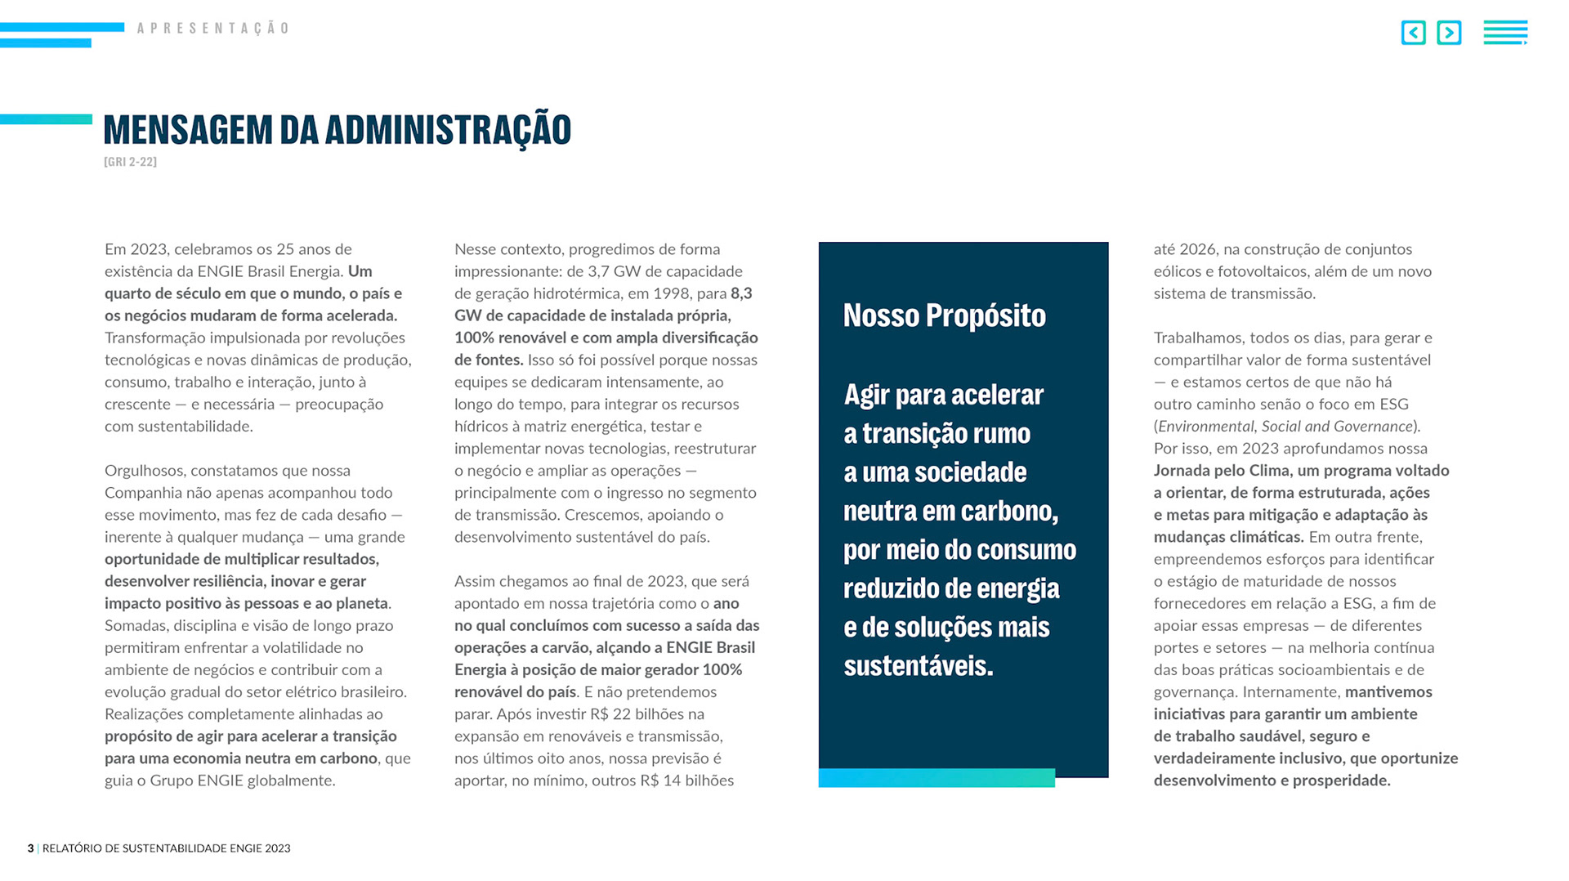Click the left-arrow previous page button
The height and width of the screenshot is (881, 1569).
[1413, 33]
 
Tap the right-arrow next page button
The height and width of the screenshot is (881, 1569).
[1449, 33]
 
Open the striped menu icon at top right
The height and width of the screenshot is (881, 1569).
[1505, 33]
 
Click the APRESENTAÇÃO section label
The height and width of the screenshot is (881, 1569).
[212, 29]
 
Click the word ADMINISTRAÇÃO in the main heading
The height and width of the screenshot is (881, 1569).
[448, 130]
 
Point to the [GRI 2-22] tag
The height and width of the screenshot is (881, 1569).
[130, 162]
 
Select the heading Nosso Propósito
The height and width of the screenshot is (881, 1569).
[944, 315]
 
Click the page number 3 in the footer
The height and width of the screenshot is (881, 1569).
[30, 848]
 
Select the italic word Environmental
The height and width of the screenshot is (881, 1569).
[1205, 427]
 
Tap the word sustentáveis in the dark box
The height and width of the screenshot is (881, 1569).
[918, 666]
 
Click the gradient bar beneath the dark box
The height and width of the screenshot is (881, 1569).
[936, 778]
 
